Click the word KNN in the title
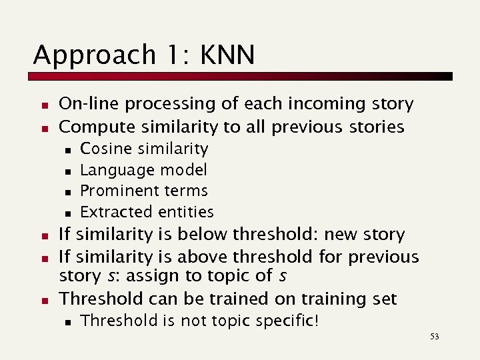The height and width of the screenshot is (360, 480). pos(226,55)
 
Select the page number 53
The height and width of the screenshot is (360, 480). pos(435,337)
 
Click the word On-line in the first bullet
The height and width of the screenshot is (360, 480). pos(84,104)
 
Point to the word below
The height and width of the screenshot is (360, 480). pos(201,235)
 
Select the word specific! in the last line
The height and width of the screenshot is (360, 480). pos(288,321)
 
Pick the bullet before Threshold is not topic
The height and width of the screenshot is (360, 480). pos(67,322)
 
